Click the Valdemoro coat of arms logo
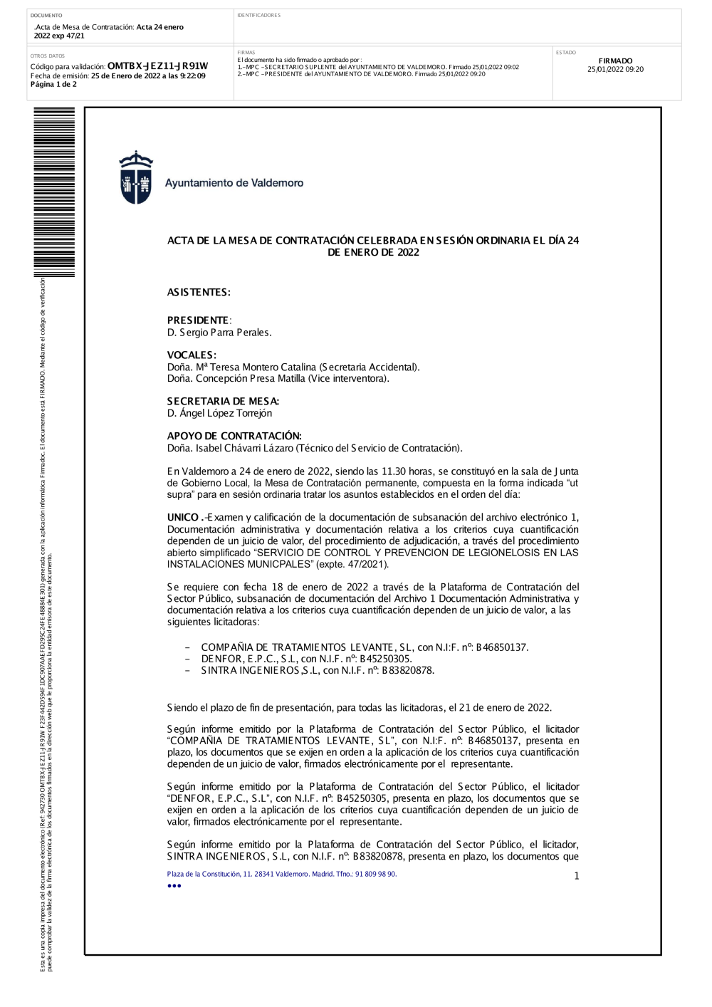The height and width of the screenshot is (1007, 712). coord(135,178)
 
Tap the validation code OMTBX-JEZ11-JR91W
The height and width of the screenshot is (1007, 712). coord(157,66)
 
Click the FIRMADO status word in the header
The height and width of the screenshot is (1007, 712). coord(615,61)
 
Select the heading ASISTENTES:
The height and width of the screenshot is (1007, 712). coord(199,293)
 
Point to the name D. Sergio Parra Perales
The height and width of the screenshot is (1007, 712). coord(219,333)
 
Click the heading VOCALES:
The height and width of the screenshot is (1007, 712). coord(192,355)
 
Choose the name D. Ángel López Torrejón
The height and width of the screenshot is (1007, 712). coord(219,413)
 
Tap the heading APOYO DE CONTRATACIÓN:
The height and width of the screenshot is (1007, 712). coord(234,436)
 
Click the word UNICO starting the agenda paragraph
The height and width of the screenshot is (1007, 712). coord(183,518)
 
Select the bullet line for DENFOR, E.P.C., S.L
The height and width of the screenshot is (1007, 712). coord(306,659)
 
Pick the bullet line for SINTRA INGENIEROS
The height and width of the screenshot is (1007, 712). coord(318,670)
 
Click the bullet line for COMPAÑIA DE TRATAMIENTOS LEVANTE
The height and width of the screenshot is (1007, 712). coord(365,647)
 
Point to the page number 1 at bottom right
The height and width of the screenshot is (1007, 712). coord(577,876)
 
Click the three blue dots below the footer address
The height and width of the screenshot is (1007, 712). coord(174,886)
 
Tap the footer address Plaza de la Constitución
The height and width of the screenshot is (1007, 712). coord(281,874)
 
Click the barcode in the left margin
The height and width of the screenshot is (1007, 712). coord(54,192)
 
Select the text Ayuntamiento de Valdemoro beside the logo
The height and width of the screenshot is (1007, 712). coord(234,183)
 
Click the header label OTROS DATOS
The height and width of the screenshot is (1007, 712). coord(48,56)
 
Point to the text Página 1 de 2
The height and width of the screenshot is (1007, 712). coord(53,84)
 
